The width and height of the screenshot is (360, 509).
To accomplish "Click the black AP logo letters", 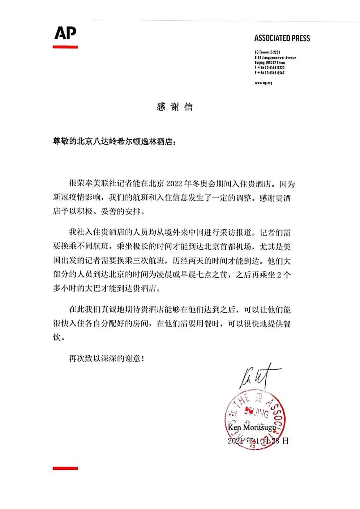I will click(x=65, y=33).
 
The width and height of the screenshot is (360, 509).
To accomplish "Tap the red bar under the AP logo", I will click(x=65, y=47).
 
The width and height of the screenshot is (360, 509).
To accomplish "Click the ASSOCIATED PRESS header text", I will click(x=282, y=38).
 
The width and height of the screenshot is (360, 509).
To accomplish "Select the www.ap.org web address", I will click(x=263, y=83).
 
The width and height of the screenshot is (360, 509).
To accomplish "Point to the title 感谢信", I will click(x=175, y=107).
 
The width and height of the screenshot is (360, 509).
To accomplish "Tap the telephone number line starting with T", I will click(x=270, y=68).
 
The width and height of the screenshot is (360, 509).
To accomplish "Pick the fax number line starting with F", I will click(x=270, y=73).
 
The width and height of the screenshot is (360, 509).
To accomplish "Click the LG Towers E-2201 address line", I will click(x=267, y=52).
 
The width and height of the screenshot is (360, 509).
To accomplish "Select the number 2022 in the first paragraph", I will click(x=174, y=184).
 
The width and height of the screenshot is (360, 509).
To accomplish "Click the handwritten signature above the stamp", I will click(x=258, y=376).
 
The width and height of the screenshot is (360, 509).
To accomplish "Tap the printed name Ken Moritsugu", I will click(x=252, y=427).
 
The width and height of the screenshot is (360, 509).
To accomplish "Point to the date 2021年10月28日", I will click(x=258, y=441).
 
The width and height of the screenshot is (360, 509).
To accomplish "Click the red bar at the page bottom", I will click(x=65, y=468).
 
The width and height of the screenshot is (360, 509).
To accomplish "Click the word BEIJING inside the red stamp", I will click(x=257, y=413).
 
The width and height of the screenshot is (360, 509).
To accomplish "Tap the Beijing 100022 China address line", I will click(x=270, y=63).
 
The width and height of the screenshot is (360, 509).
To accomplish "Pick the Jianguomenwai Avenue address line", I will click(x=275, y=58).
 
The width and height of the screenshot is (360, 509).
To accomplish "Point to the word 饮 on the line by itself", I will click(x=57, y=337).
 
